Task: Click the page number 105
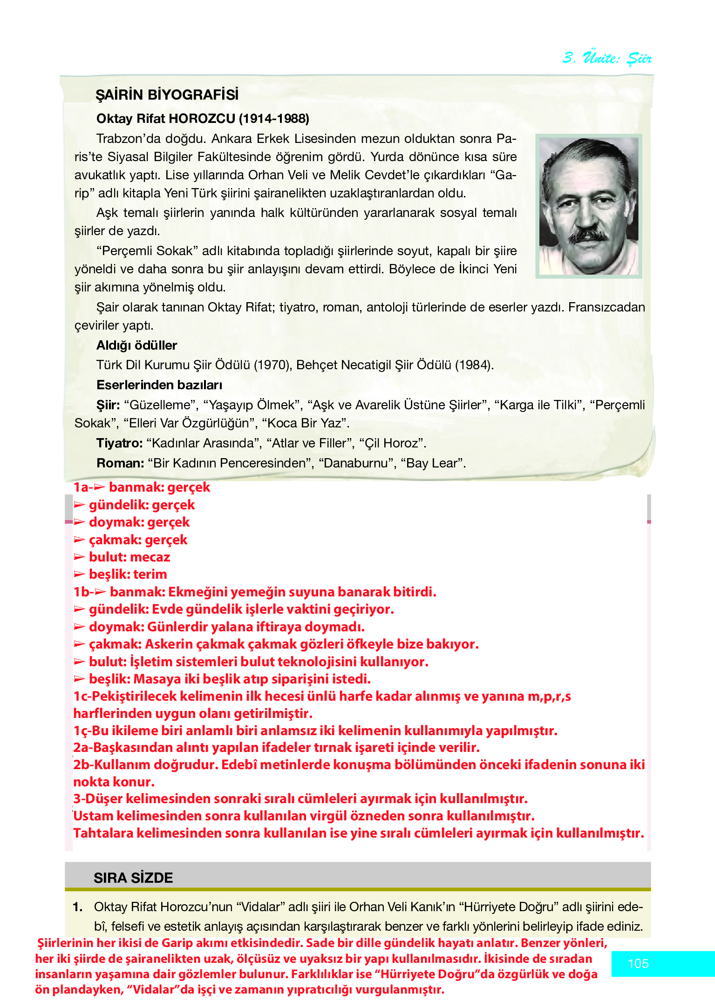point(638,963)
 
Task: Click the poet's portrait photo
point(589,206)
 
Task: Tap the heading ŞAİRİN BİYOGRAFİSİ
point(167,95)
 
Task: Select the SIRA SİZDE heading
point(133,878)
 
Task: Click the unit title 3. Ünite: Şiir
point(606,58)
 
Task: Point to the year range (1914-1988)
point(274,119)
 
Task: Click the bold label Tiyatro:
point(119,443)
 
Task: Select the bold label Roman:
point(120,463)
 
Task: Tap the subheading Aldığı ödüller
point(136,345)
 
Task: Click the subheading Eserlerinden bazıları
point(159,385)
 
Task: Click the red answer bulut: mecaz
point(129,557)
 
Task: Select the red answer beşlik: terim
point(128,574)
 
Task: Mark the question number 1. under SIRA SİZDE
point(78,907)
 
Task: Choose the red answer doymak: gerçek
point(139,522)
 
